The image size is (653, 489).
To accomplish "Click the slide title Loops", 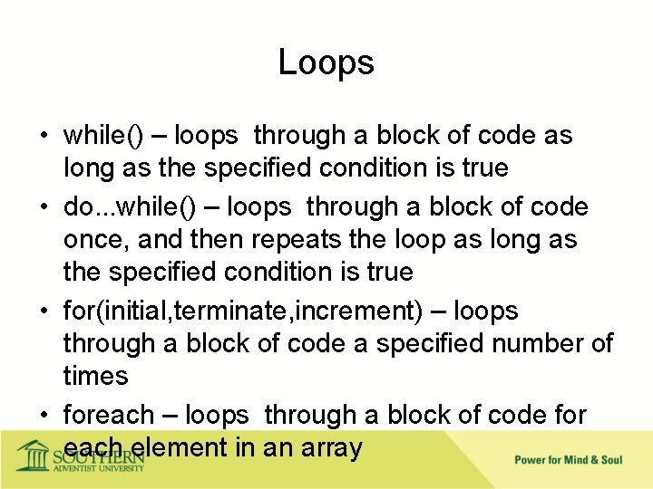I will (326, 62).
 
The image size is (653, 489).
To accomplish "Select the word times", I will (96, 377).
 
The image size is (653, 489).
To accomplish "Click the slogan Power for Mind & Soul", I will (568, 460).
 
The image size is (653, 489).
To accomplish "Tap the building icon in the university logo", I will (34, 455).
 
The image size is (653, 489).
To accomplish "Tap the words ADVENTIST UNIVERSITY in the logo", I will (98, 467).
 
